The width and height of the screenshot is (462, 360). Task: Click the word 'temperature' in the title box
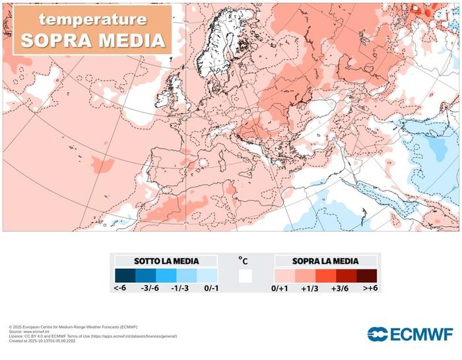92,19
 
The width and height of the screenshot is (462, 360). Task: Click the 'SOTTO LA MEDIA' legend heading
166,261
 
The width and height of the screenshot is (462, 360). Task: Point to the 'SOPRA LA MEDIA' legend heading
326,261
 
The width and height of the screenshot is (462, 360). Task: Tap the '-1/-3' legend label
180,289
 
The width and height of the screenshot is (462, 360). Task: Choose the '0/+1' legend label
281,289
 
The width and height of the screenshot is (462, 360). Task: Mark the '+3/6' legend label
340,289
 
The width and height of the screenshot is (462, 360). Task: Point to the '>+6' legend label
368,289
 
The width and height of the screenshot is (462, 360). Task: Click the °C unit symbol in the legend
244,260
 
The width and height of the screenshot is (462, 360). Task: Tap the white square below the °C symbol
246,275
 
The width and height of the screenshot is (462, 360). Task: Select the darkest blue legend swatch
125,275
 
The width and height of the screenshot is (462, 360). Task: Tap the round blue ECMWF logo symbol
378,334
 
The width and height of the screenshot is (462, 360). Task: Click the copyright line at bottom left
73,327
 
